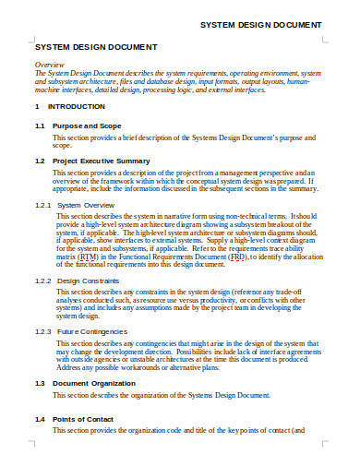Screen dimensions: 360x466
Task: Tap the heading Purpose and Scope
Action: [x=89, y=125]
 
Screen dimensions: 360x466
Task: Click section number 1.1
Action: [x=40, y=125]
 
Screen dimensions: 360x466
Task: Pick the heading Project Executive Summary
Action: [x=102, y=161]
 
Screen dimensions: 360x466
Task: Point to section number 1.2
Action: [x=40, y=161]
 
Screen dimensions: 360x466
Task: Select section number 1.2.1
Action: [x=42, y=204]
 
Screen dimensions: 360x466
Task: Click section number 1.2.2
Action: [x=42, y=280]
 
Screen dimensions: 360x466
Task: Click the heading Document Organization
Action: [x=98, y=382]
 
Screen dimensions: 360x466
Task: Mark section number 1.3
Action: [x=40, y=382]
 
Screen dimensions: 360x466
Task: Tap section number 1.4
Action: [x=40, y=418]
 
